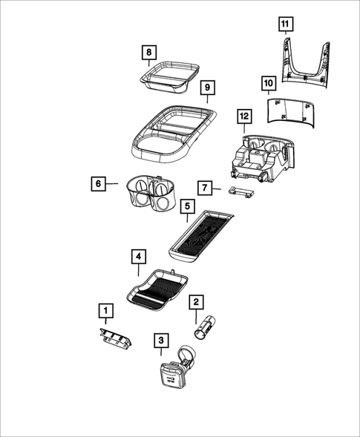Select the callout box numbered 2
click(196, 301)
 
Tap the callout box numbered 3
click(160, 341)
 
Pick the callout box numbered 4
click(137, 257)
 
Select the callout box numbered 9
click(208, 88)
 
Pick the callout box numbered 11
click(286, 24)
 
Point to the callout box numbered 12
click(244, 116)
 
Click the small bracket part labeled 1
click(114, 338)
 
